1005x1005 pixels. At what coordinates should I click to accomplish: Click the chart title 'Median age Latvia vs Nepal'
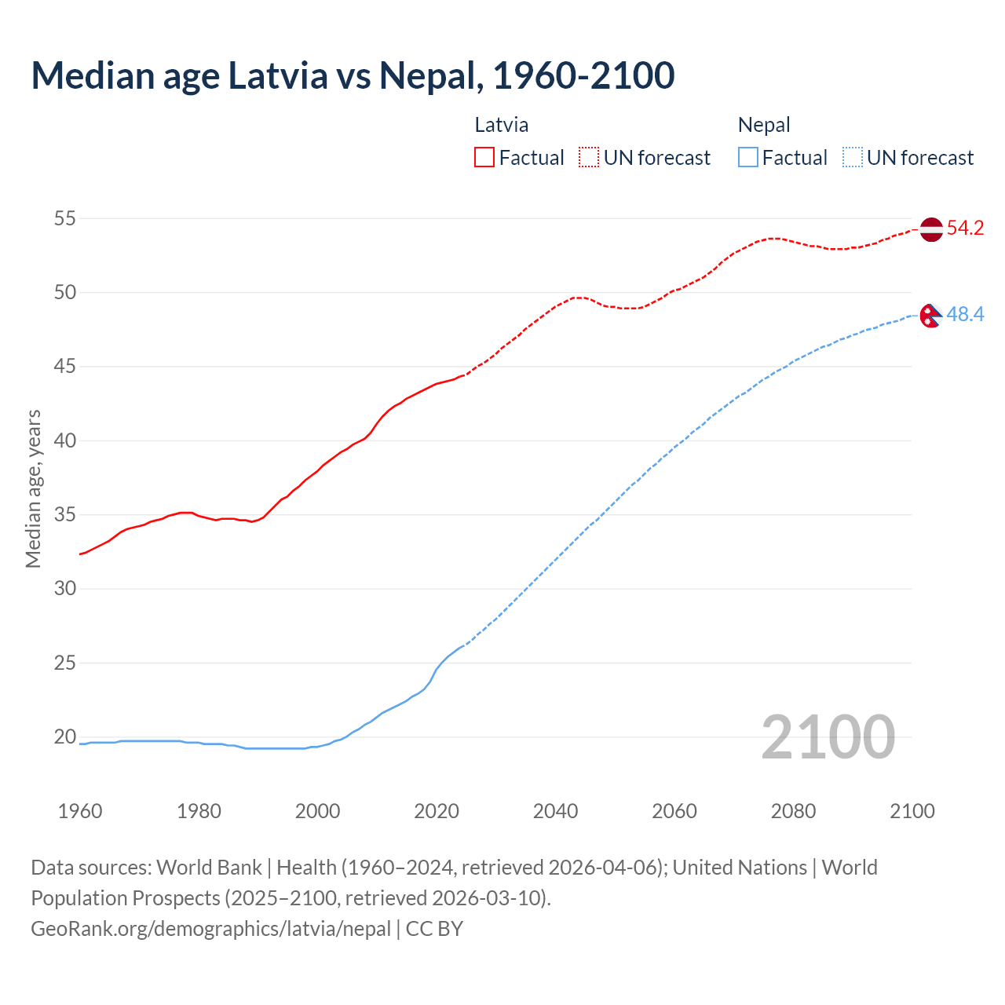click(353, 76)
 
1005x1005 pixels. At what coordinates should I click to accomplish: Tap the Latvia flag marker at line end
click(930, 230)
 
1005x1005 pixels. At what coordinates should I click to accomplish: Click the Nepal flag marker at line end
click(930, 315)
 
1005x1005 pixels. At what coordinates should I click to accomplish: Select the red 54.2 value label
click(965, 228)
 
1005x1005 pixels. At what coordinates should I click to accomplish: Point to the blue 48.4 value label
click(965, 315)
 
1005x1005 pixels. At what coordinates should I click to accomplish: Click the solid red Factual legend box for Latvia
click(484, 157)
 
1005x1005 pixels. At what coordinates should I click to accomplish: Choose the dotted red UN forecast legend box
click(589, 157)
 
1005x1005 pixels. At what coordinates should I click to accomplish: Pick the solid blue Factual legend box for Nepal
click(748, 157)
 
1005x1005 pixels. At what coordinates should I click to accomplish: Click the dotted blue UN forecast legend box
click(853, 157)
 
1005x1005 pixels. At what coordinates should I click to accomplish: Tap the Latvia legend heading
click(501, 125)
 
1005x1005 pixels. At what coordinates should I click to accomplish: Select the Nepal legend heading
click(764, 125)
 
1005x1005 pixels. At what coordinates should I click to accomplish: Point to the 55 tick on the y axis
click(64, 218)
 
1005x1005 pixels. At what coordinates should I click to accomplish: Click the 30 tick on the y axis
click(64, 589)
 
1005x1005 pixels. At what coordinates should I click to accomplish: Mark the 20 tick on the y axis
click(64, 737)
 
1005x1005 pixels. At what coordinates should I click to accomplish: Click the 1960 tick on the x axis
click(80, 811)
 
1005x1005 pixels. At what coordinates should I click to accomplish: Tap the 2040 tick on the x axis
click(555, 811)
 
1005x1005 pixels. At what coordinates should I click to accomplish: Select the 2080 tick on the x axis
click(793, 811)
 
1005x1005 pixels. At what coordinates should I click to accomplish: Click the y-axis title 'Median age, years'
click(33, 488)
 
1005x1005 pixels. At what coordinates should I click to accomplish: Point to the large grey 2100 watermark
click(828, 736)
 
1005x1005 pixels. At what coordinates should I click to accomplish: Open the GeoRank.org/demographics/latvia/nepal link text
click(210, 929)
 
